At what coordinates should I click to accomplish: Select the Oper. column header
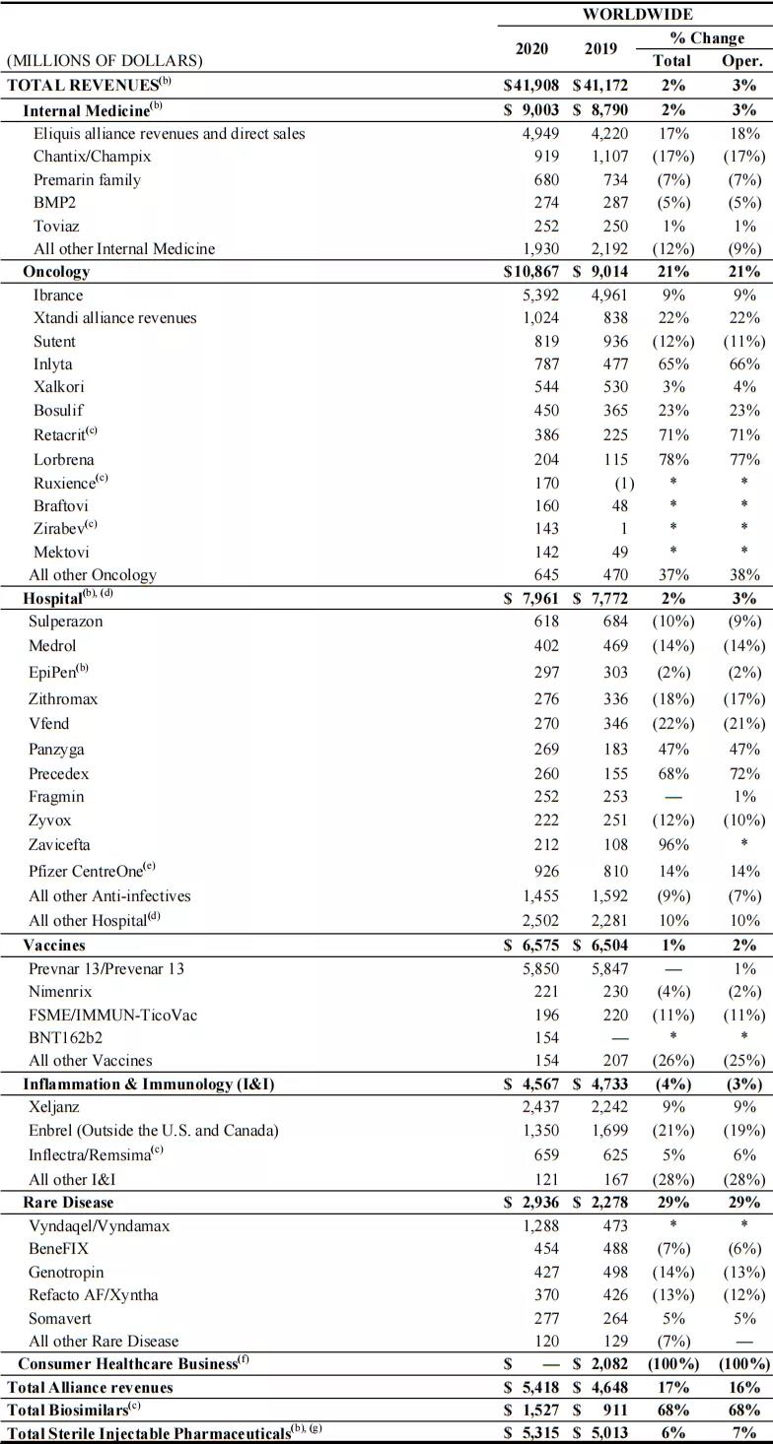click(740, 60)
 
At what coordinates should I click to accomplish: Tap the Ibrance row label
click(58, 295)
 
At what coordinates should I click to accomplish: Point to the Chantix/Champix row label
click(92, 156)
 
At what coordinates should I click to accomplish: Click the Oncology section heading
click(56, 271)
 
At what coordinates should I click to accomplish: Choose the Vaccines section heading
click(54, 945)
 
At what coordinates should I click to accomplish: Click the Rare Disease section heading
click(68, 1202)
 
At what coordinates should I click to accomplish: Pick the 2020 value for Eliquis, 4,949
click(540, 133)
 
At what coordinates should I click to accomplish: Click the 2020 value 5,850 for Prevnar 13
click(540, 968)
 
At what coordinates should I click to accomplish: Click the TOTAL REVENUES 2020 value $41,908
click(531, 85)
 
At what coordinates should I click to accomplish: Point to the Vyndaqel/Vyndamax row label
click(101, 1226)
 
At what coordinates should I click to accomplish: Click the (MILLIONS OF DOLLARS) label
click(105, 61)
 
